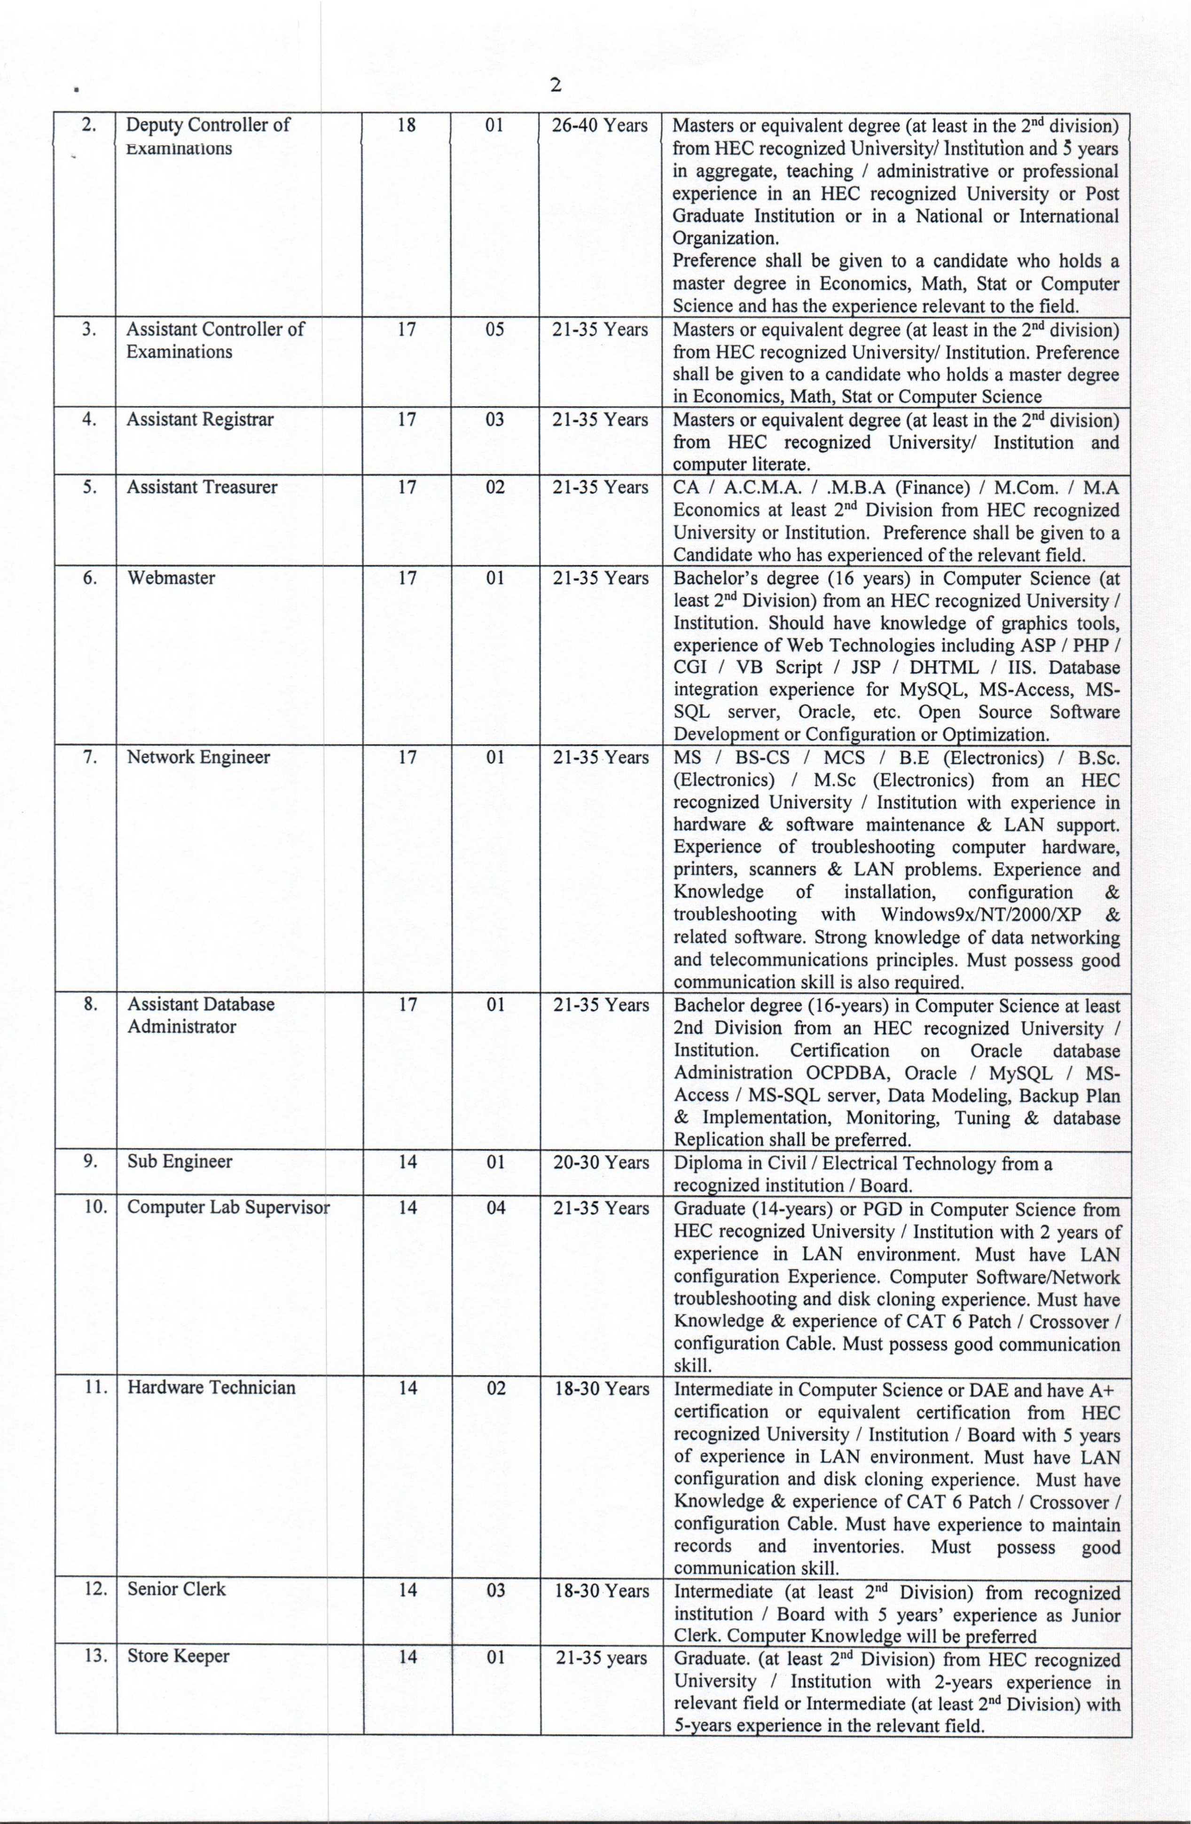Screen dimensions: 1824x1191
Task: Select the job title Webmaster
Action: click(171, 578)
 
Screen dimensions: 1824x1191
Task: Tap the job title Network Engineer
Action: click(198, 757)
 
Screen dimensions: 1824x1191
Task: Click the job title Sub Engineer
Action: click(180, 1161)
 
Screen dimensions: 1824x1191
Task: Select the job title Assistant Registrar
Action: click(200, 420)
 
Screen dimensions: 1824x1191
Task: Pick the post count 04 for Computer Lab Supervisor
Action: click(496, 1208)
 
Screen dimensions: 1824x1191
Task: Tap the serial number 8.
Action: click(90, 1004)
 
